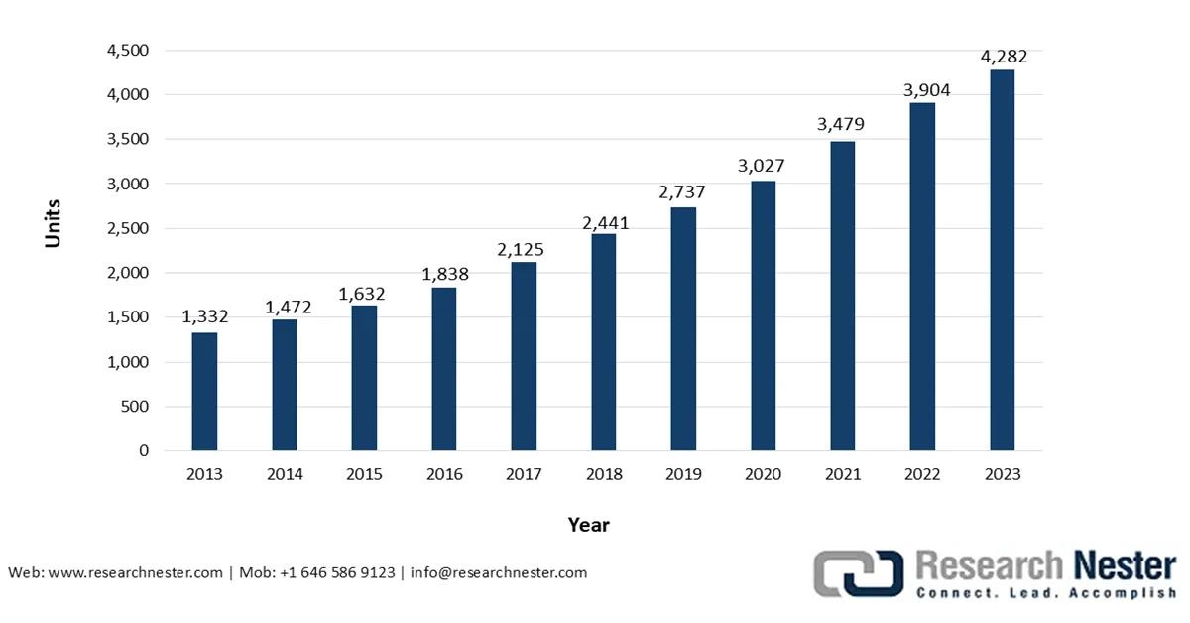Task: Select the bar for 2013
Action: pyautogui.click(x=204, y=391)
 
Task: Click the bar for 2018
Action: pyautogui.click(x=603, y=341)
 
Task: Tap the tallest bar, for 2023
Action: pyautogui.click(x=1002, y=260)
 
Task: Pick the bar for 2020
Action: pyautogui.click(x=763, y=315)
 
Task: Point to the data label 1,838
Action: pyautogui.click(x=443, y=274)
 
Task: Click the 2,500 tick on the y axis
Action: pyautogui.click(x=128, y=228)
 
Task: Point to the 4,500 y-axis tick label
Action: pyautogui.click(x=128, y=51)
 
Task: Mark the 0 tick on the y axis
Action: pyautogui.click(x=144, y=450)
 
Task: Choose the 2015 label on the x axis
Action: pyautogui.click(x=364, y=474)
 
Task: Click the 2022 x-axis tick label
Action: pyautogui.click(x=922, y=474)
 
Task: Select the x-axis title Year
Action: pyautogui.click(x=589, y=524)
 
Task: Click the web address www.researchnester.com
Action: pyautogui.click(x=135, y=572)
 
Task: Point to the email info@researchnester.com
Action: pyautogui.click(x=498, y=572)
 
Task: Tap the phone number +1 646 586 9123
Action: pyautogui.click(x=336, y=572)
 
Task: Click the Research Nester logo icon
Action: pyautogui.click(x=859, y=573)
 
